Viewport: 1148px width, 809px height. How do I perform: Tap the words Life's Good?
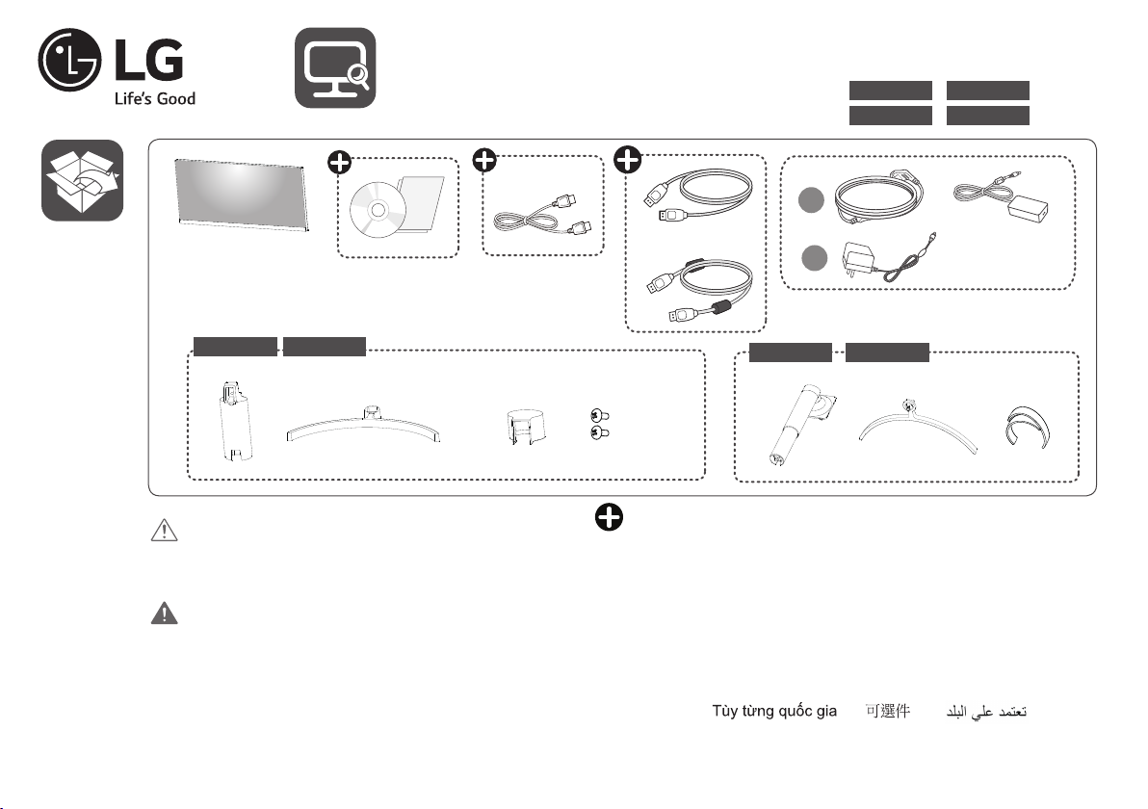point(155,98)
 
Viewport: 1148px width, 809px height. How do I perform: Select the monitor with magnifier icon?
point(334,67)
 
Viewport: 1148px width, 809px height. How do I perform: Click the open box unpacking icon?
point(82,180)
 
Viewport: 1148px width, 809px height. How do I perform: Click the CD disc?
point(375,210)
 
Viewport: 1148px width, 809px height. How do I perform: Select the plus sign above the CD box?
point(339,163)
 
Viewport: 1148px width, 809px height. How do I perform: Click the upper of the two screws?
point(598,415)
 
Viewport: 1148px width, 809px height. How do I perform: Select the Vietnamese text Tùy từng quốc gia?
point(773,714)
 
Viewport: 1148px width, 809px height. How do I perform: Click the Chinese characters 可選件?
point(887,714)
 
